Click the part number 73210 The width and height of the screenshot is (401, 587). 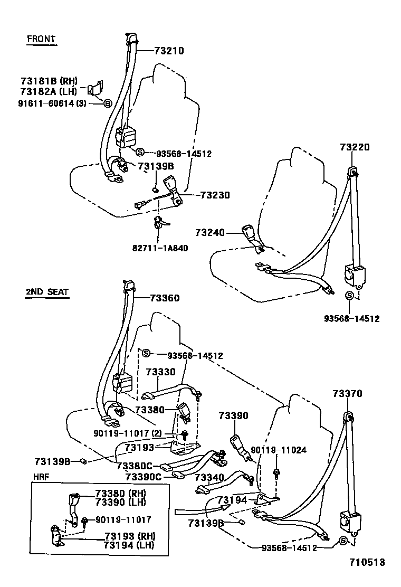click(169, 51)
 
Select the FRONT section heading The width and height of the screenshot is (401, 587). click(41, 39)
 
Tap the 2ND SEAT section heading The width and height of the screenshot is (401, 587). click(47, 291)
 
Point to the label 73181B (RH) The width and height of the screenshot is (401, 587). click(49, 81)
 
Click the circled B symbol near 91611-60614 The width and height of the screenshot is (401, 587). click(107, 103)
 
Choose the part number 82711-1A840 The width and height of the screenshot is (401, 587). click(159, 247)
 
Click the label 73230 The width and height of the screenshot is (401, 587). click(215, 195)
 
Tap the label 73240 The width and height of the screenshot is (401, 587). click(210, 232)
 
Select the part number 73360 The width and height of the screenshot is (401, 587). click(165, 298)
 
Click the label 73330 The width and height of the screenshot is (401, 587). click(160, 372)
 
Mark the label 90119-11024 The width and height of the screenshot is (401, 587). click(279, 450)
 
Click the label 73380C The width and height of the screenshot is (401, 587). click(135, 466)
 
